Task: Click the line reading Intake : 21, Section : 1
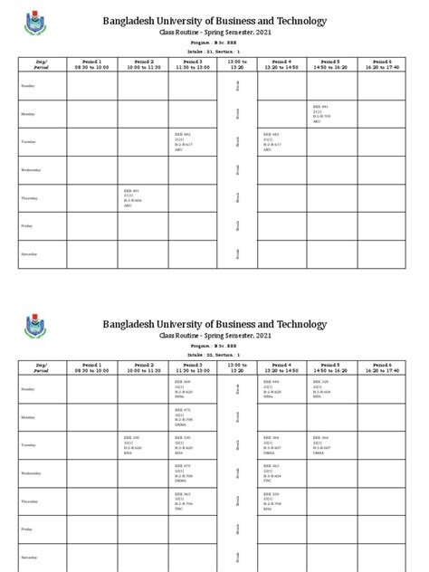(x=214, y=52)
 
